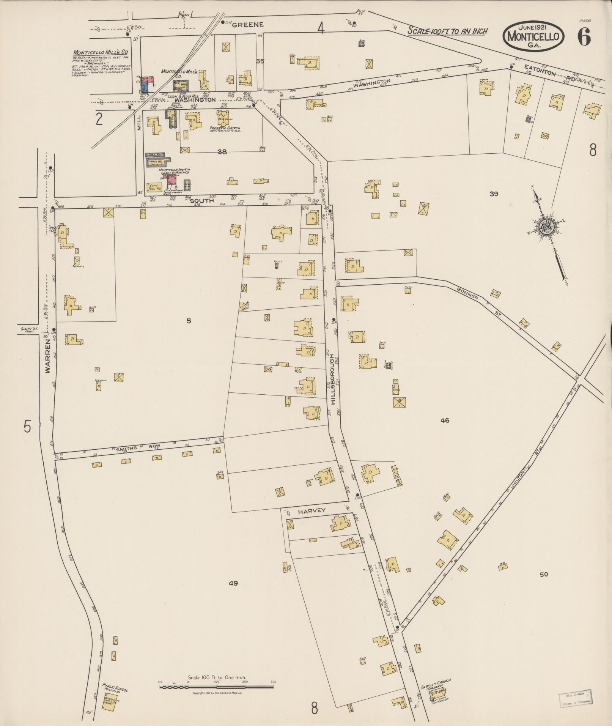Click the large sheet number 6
pos(584,36)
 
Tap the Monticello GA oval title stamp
pos(533,36)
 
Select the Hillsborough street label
pos(332,380)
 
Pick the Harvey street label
pos(312,511)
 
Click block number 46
pos(445,420)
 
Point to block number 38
pos(222,151)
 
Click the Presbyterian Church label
pos(225,128)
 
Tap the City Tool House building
pos(154,187)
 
